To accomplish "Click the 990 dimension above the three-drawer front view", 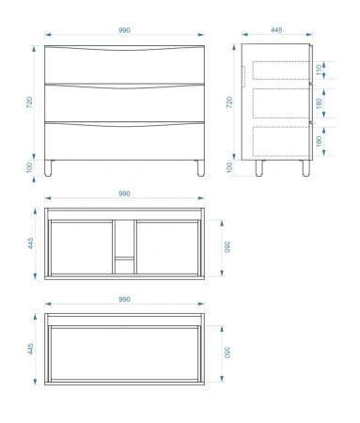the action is pos(124,30).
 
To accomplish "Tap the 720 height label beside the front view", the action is pos(29,102).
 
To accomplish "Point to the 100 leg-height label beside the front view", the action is pos(29,167).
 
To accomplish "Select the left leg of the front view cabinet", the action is pos(48,168).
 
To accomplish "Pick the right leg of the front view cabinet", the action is pos(201,168).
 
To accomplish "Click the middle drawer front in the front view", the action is pos(124,102).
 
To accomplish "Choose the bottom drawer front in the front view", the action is pos(124,141).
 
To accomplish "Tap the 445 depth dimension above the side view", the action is pos(276,30).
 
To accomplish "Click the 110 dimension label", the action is pos(319,70).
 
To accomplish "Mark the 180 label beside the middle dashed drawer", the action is pos(319,103).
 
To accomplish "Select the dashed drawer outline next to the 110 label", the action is pos(281,70).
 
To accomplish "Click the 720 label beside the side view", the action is pos(229,102).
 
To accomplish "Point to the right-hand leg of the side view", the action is pos(306,168).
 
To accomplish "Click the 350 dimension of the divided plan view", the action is pos(227,246).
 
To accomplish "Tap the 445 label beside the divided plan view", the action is pos(30,243).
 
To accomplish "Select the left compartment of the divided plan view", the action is pos(82,248).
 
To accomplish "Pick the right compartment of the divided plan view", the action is pos(167,248).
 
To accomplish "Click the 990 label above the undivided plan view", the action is pos(124,299).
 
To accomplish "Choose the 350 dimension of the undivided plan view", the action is pos(227,352).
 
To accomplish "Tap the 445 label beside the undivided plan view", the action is pos(30,349).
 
